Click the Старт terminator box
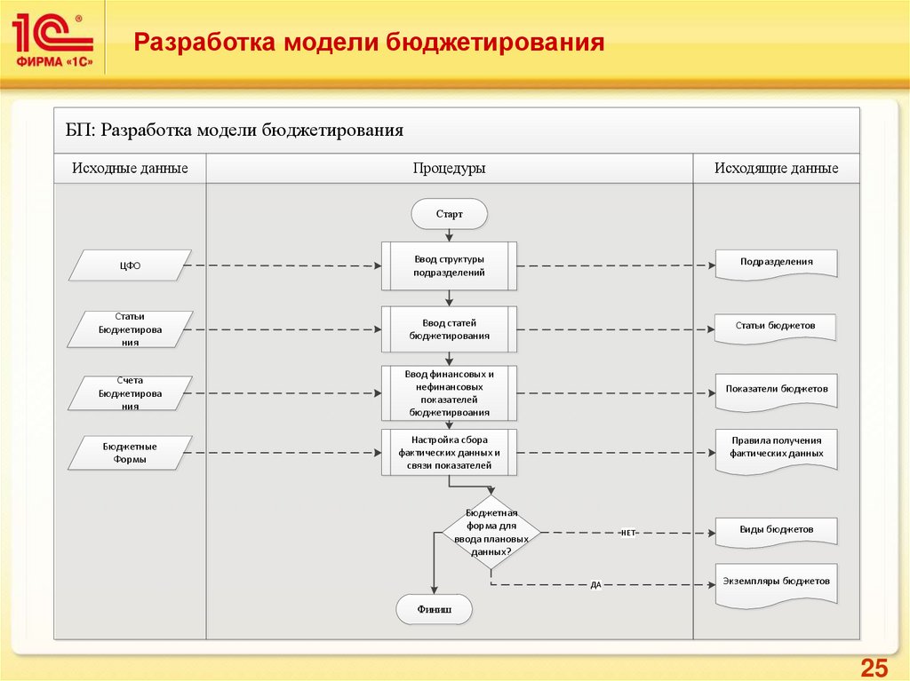pos(449,214)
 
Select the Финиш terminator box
pos(434,610)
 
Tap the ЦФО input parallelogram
pos(131,265)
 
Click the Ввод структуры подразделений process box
pos(449,265)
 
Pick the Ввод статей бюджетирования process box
pos(449,329)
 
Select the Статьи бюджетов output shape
pos(776,327)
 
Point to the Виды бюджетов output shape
pos(776,530)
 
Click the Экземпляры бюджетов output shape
pos(776,582)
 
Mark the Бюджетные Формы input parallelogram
pos(131,453)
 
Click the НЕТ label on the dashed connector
pos(627,533)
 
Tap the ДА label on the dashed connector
pos(595,585)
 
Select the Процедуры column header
pos(449,169)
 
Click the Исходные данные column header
pos(130,169)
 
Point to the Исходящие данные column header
pos(776,169)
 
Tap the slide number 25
pos(874,668)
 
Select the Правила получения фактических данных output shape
pos(776,447)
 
